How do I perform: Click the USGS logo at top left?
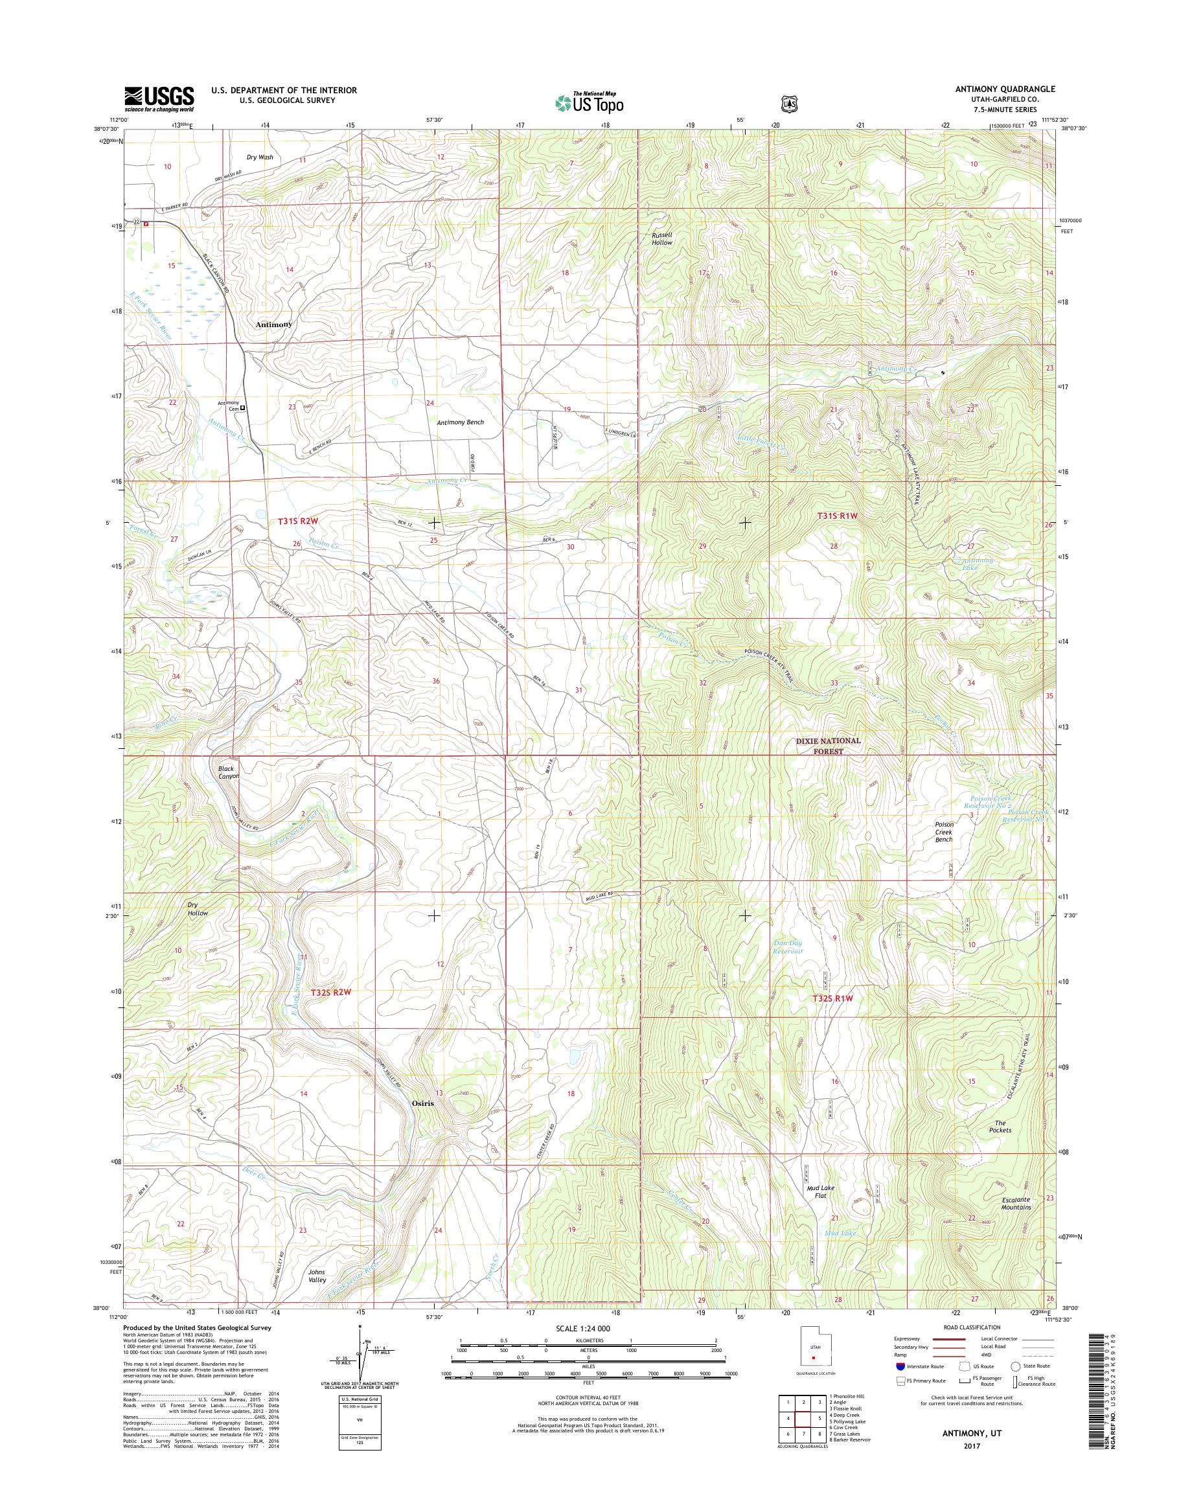[159, 98]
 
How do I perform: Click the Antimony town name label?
[273, 324]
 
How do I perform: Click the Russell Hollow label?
[661, 238]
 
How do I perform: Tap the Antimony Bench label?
[460, 422]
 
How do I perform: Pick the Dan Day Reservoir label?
[788, 947]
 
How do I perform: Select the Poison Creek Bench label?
[944, 831]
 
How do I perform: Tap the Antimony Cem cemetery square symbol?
[242, 408]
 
